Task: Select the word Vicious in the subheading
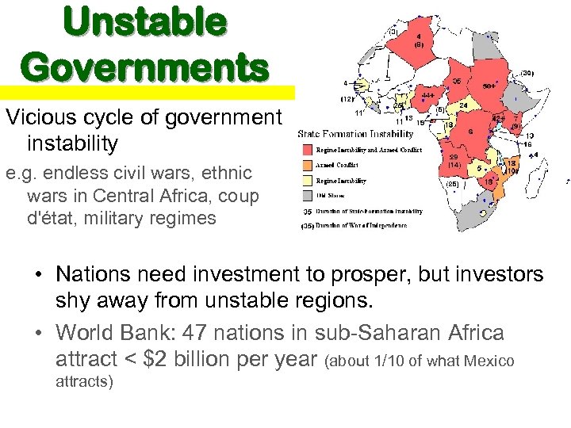click(36, 117)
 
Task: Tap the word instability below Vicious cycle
click(72, 143)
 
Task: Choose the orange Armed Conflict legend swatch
click(307, 166)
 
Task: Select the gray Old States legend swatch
click(307, 196)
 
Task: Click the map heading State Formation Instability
click(355, 134)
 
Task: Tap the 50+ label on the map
click(490, 85)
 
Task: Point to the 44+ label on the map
click(428, 95)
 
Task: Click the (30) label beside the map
click(527, 73)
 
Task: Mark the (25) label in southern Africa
click(453, 183)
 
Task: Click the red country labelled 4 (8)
click(418, 40)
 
